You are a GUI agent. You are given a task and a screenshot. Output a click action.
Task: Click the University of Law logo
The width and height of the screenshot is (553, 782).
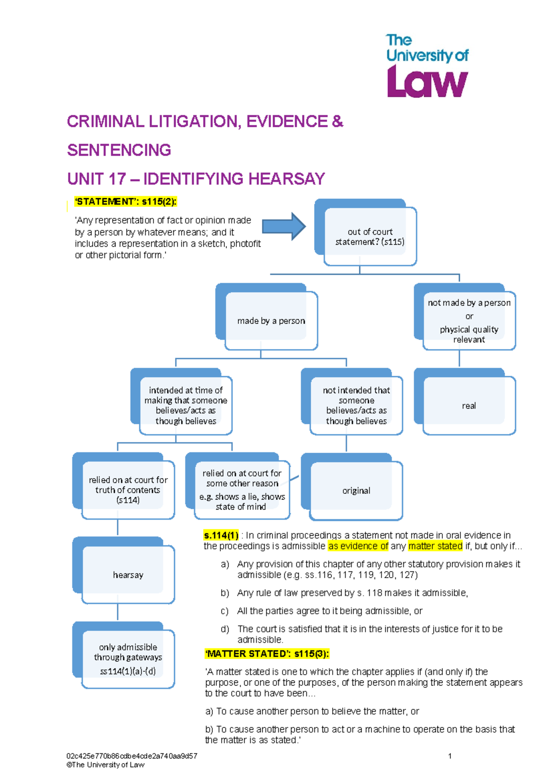point(427,66)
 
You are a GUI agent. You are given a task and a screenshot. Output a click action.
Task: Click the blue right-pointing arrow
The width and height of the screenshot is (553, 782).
point(283,226)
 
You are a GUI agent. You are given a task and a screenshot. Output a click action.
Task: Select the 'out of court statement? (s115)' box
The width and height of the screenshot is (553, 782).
point(370,237)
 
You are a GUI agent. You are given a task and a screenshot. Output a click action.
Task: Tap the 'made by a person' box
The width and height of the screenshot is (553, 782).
point(271,320)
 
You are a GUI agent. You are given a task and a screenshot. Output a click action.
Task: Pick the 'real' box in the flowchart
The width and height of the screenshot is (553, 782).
point(469,406)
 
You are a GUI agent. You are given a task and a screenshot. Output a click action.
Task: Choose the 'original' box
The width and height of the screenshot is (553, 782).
point(356,491)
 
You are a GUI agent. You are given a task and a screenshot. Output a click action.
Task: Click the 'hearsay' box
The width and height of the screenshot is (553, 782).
point(128,575)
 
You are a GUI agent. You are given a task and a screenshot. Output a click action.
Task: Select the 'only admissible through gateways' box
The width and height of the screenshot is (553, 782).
point(128,659)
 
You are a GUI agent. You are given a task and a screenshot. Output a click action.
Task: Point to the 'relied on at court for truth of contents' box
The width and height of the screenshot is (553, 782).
point(128,490)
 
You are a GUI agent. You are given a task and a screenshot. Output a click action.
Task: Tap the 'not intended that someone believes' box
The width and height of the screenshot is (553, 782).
point(356,405)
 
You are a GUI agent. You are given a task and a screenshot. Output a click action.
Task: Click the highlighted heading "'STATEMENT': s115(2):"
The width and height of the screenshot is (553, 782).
point(125,201)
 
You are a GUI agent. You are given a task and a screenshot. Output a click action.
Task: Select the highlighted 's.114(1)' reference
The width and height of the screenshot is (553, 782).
point(221,535)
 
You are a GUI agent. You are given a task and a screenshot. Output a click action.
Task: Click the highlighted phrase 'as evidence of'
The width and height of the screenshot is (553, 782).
point(358,546)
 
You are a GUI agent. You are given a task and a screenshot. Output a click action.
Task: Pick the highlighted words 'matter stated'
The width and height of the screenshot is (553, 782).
point(435,546)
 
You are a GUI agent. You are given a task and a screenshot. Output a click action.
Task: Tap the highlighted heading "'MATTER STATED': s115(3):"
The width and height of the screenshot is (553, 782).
point(267,654)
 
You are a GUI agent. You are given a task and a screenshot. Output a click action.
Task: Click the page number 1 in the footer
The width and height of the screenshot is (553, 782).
point(450,756)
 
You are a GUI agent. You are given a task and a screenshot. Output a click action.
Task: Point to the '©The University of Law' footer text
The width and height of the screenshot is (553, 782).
point(106,764)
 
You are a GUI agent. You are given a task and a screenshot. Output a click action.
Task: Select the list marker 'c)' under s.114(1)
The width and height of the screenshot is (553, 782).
point(224,611)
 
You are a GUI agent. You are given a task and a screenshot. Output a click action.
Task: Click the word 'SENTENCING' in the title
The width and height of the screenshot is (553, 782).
point(119,150)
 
